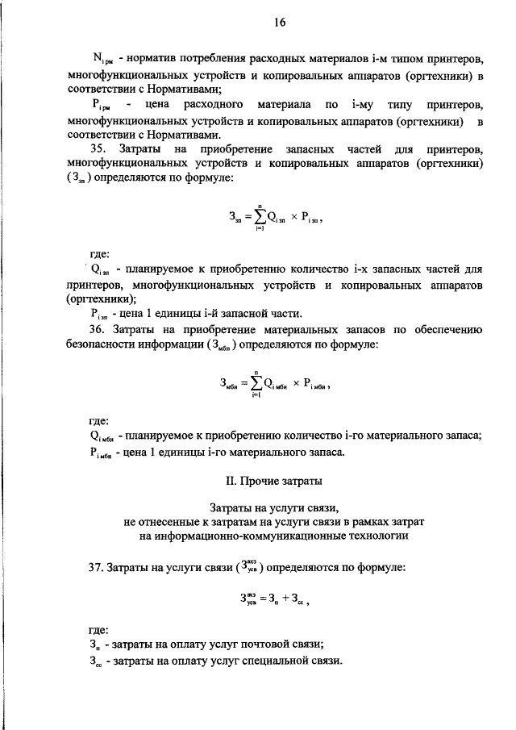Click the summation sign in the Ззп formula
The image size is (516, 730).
click(260, 217)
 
